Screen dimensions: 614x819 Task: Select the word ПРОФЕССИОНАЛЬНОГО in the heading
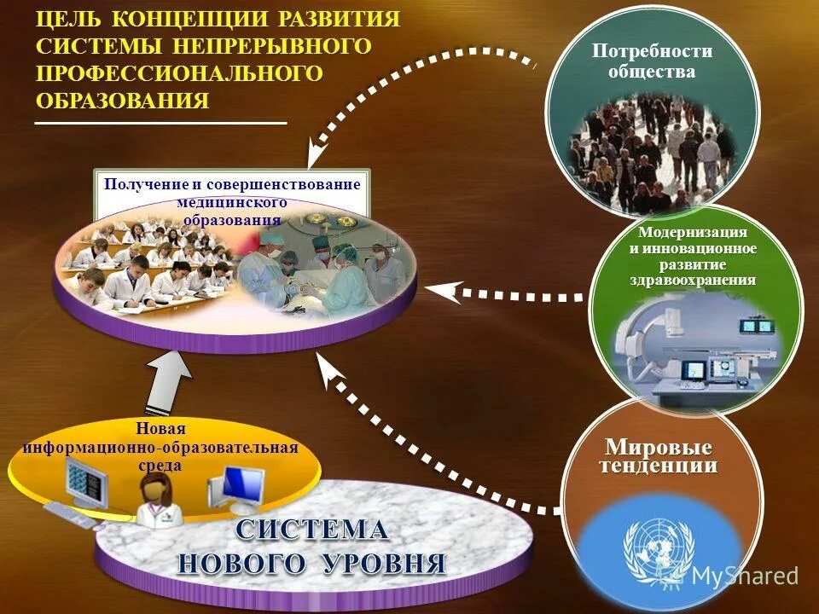179,73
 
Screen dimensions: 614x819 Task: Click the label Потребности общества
652,61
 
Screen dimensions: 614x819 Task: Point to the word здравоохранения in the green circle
693,280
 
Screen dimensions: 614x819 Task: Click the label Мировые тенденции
658,456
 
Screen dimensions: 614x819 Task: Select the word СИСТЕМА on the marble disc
311,530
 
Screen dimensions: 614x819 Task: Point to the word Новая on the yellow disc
160,428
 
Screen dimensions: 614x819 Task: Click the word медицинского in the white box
231,202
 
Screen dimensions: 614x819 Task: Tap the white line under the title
160,125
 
